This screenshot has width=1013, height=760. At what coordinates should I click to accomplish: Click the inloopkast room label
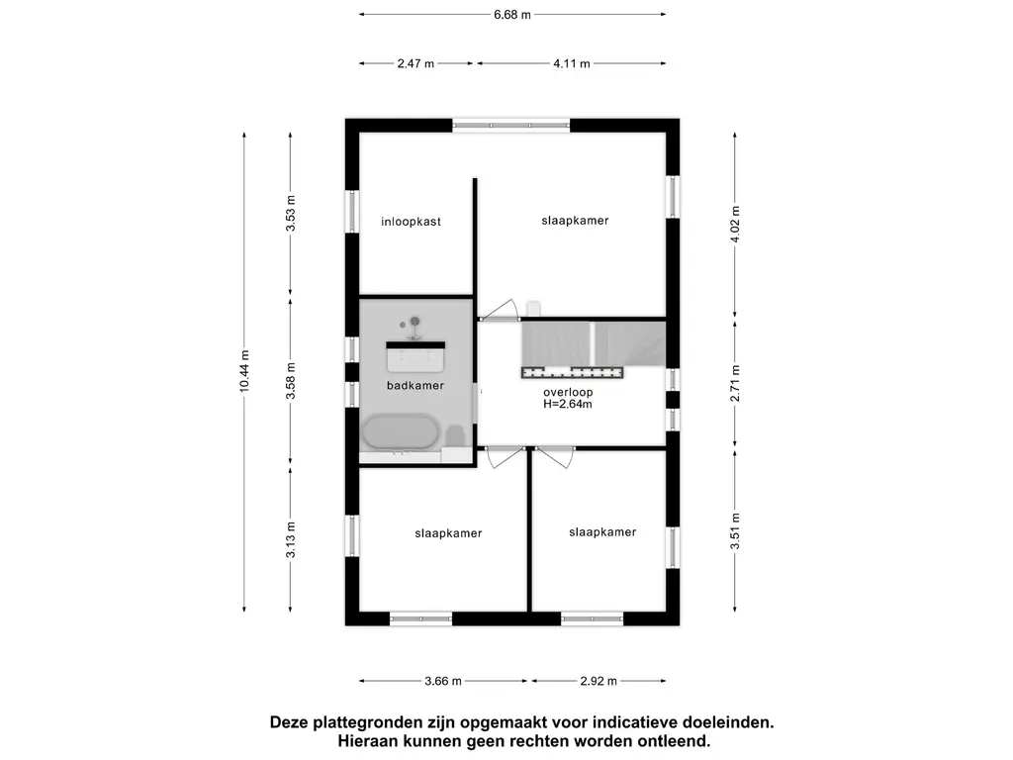pyautogui.click(x=411, y=222)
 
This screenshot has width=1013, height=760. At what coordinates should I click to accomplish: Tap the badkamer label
pyautogui.click(x=415, y=385)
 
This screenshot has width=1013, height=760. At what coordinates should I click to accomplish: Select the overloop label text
pyautogui.click(x=568, y=392)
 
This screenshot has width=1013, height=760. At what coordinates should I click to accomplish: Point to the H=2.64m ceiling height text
pyautogui.click(x=568, y=404)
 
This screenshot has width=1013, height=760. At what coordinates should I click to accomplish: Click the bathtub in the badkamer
pyautogui.click(x=401, y=431)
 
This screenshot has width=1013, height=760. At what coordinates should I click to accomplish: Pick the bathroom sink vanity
pyautogui.click(x=415, y=353)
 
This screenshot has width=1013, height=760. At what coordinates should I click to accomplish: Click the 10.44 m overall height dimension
pyautogui.click(x=244, y=372)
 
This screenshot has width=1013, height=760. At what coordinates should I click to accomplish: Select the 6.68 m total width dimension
pyautogui.click(x=512, y=14)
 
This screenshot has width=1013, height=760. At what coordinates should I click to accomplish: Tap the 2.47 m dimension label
pyautogui.click(x=415, y=63)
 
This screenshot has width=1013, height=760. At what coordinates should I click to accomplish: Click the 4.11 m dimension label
pyautogui.click(x=572, y=63)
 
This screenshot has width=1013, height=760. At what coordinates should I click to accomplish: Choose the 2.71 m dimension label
pyautogui.click(x=735, y=383)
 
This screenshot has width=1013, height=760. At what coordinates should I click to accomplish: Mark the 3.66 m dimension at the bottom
pyautogui.click(x=442, y=681)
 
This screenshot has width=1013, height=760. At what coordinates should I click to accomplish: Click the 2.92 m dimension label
pyautogui.click(x=599, y=681)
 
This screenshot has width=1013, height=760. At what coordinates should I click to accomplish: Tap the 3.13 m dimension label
pyautogui.click(x=290, y=539)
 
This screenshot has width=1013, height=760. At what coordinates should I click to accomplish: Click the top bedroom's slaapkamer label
pyautogui.click(x=575, y=220)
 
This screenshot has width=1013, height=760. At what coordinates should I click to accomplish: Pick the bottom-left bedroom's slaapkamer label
pyautogui.click(x=448, y=533)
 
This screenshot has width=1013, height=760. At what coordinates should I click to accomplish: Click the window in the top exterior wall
pyautogui.click(x=511, y=126)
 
